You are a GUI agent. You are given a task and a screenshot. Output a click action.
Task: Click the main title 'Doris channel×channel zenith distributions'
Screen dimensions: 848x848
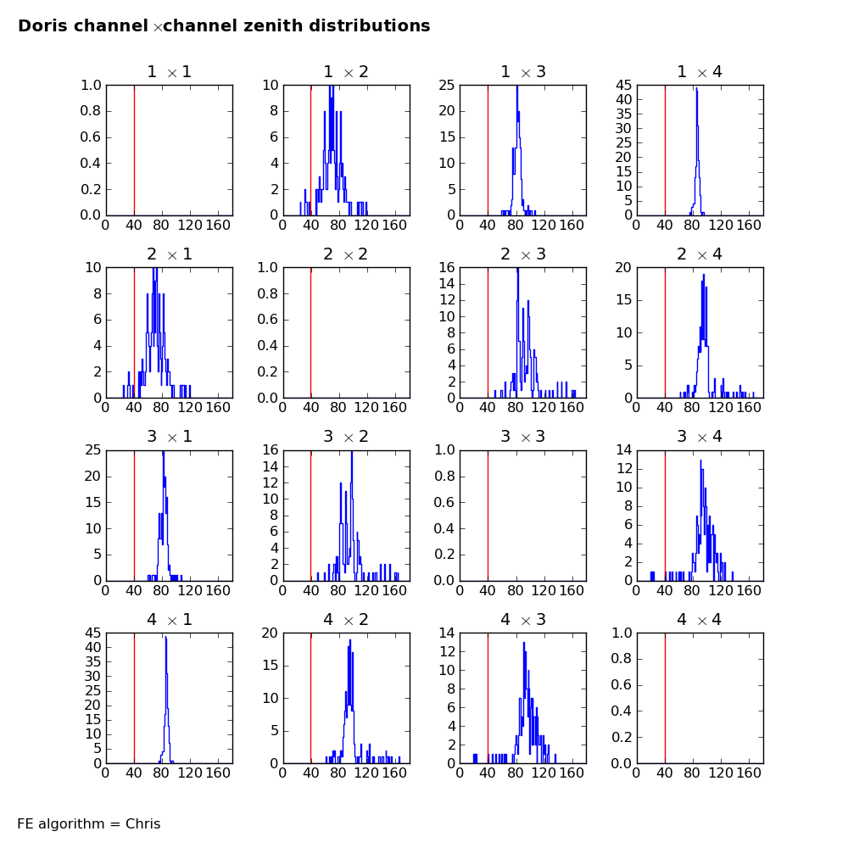click(x=224, y=26)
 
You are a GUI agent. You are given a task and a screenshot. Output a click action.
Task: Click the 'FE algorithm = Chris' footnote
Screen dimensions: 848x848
click(x=89, y=823)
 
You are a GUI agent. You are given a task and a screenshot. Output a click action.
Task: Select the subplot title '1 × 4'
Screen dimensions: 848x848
click(x=700, y=72)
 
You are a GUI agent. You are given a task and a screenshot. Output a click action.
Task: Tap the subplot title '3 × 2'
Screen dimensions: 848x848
click(x=346, y=437)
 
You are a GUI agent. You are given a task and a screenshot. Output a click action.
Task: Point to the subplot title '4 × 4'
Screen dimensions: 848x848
click(x=700, y=620)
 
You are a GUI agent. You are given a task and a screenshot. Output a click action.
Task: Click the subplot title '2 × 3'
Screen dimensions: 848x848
click(x=523, y=254)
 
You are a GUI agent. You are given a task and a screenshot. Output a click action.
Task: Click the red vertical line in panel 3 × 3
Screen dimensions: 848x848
click(x=488, y=516)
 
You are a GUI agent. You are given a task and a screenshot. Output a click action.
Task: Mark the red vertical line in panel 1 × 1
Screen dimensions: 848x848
click(x=134, y=150)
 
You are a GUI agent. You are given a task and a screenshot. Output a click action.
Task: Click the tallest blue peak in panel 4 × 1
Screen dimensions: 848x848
click(x=165, y=638)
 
